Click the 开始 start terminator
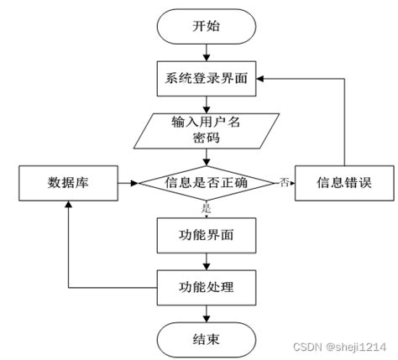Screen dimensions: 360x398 [206, 27]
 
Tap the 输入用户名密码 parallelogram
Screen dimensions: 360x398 [206, 129]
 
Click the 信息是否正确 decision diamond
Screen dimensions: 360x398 [206, 182]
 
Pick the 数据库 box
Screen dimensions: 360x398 [66, 182]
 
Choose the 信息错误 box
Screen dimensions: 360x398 [343, 182]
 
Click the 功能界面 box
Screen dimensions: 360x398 [206, 236]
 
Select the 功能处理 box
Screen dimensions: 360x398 [206, 289]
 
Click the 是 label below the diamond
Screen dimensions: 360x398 [207, 206]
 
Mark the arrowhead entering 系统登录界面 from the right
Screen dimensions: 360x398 [259, 78]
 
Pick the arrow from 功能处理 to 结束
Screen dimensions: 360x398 [206, 314]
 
